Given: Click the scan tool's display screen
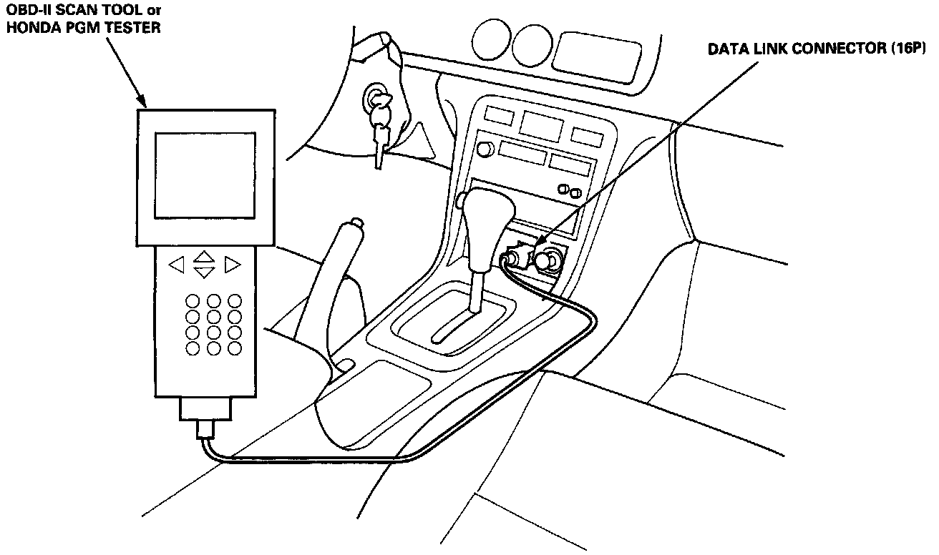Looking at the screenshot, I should (x=205, y=175).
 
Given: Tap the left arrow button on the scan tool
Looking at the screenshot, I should (x=176, y=265).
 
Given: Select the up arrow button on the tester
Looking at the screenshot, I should (x=205, y=255).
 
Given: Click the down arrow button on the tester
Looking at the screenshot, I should (x=205, y=272).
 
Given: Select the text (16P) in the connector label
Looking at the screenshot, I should (x=907, y=50).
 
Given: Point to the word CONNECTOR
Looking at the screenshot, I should (x=835, y=50).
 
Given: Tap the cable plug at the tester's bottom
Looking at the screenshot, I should (x=205, y=429).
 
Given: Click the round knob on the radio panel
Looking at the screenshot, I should (x=485, y=149).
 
